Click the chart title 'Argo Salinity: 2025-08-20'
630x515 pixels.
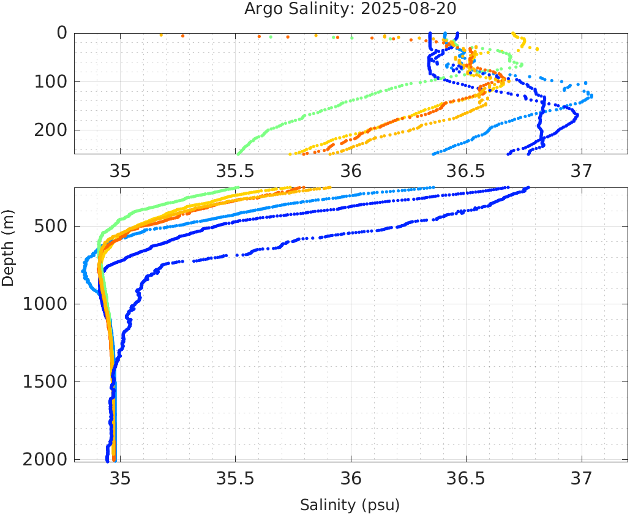350,9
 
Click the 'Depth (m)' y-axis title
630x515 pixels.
8,246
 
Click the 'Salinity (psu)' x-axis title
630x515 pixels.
350,505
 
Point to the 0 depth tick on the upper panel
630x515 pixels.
62,33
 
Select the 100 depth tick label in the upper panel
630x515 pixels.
52,81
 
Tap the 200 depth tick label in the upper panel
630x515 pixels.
52,130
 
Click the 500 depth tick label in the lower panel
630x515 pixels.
52,227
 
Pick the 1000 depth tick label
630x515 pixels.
47,304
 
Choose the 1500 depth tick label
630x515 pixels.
47,382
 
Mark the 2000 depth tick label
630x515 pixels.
47,459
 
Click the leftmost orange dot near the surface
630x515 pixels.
162,35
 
